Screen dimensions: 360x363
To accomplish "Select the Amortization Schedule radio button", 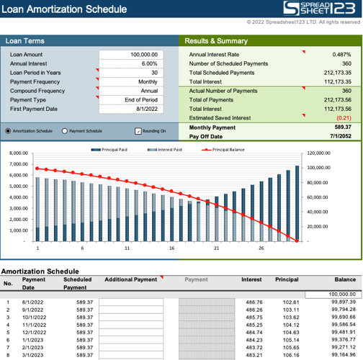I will pos(8,131).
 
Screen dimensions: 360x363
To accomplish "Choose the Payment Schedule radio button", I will pos(65,131).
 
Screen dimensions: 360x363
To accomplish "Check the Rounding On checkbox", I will pos(138,131).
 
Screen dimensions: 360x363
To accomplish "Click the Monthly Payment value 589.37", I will pos(339,127).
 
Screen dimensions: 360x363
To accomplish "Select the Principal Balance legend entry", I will pos(223,149).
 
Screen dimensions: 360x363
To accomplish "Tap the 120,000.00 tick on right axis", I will pos(318,153).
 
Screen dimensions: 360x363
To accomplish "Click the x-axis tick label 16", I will pos(171,248).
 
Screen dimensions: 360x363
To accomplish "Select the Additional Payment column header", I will pos(130,279).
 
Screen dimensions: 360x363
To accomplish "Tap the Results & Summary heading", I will pos(217,41).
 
